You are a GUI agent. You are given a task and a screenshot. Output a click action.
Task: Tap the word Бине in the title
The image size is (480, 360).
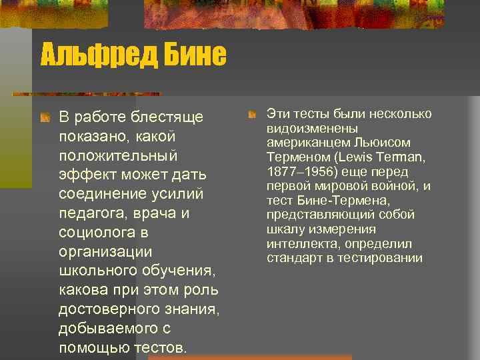point(195,55)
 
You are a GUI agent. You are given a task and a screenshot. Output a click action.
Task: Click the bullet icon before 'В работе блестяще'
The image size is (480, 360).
point(45,118)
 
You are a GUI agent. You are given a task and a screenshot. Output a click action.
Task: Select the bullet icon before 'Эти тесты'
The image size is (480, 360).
point(252,115)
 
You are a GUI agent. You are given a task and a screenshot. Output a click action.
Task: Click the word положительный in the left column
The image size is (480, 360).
point(118,156)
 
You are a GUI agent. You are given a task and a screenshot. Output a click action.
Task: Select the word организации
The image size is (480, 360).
point(105,253)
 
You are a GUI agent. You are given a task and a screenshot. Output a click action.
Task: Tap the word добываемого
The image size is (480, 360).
point(108,329)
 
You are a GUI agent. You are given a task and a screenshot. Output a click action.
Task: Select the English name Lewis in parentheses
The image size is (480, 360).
point(356,157)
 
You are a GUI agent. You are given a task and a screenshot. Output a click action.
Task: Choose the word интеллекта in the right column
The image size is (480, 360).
point(296,244)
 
